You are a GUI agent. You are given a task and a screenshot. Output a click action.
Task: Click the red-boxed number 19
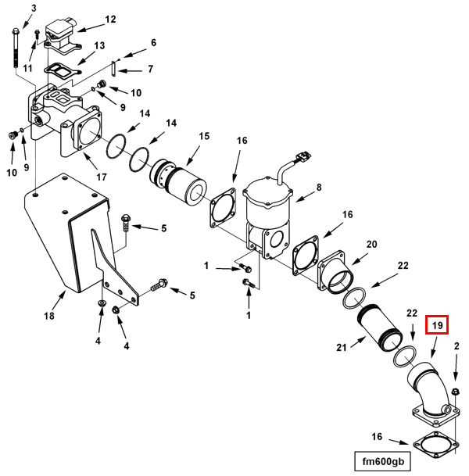click(436, 324)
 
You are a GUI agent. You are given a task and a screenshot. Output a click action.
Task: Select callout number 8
click(319, 188)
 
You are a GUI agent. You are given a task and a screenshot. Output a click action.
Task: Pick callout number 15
click(204, 136)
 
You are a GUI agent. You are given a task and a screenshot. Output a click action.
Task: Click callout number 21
click(341, 346)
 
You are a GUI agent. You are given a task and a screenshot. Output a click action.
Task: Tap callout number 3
click(34, 8)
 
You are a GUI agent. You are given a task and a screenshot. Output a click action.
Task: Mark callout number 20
click(371, 245)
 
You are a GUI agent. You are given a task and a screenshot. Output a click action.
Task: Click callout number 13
click(98, 46)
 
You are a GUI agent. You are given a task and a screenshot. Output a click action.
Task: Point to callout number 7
click(149, 69)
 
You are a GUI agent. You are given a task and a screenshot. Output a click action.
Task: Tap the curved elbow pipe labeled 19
click(424, 385)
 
